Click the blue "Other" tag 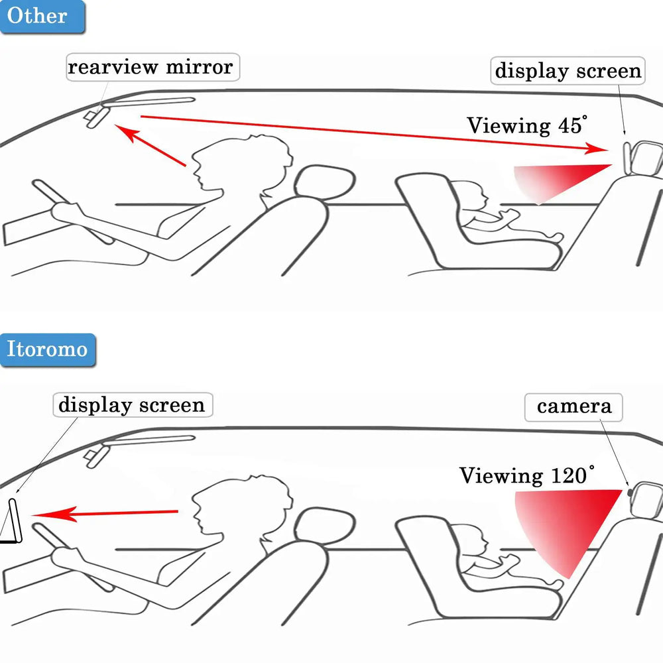click(x=41, y=17)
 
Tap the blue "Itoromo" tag click(x=47, y=349)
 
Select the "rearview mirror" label click(x=151, y=67)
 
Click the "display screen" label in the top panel click(x=568, y=71)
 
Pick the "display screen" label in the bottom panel click(x=132, y=404)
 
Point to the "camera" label click(x=574, y=406)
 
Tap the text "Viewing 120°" click(x=526, y=475)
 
